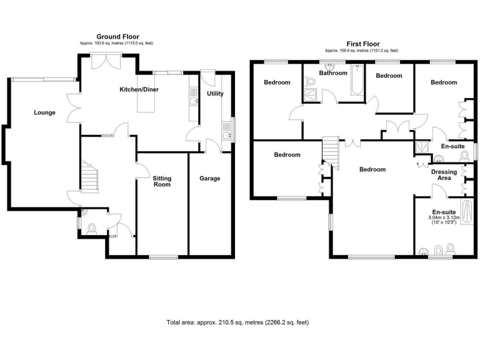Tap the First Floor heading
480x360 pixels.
(361, 44)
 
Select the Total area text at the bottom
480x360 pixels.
(237, 322)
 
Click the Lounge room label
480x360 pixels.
(45, 113)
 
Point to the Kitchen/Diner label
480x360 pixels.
(139, 90)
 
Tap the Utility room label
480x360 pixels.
(215, 94)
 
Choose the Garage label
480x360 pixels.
(210, 178)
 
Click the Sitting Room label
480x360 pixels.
(162, 181)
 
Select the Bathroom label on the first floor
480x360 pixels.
(332, 73)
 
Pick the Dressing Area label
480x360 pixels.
(444, 174)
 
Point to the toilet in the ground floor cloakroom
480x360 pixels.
(92, 229)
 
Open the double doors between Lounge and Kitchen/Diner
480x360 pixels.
(74, 108)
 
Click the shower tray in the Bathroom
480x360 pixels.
(310, 95)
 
